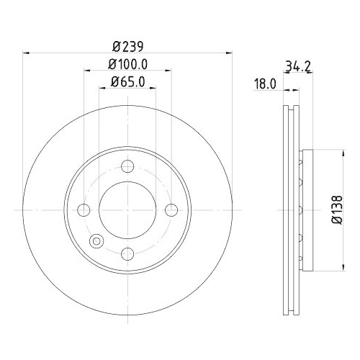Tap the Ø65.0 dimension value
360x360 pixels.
[x=127, y=83]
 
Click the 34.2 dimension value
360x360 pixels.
[x=293, y=67]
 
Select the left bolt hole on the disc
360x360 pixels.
[x=84, y=210]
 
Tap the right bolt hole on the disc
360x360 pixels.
[x=171, y=210]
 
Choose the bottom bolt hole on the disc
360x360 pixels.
[x=127, y=253]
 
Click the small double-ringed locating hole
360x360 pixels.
[x=95, y=242]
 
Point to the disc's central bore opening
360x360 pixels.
[x=127, y=210]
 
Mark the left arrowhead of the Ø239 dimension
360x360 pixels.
[x=27, y=51]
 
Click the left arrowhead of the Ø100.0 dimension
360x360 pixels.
[x=87, y=71]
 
